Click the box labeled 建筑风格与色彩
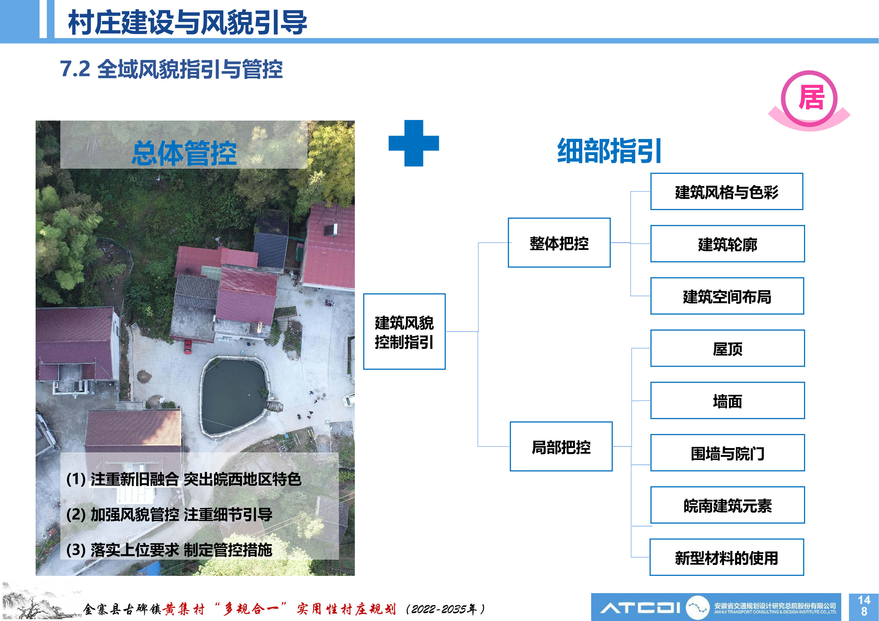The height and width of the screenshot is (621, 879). [727, 191]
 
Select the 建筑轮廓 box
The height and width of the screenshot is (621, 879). [727, 244]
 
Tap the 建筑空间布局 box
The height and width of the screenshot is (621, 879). [727, 296]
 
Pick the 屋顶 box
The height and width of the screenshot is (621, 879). [727, 348]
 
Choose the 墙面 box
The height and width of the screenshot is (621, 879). [727, 401]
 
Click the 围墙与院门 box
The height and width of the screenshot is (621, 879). [727, 453]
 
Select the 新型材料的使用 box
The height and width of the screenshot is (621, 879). [727, 557]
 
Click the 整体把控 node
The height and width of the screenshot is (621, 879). [559, 243]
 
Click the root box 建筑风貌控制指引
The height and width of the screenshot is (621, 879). [404, 331]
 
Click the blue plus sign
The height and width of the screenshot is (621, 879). [414, 143]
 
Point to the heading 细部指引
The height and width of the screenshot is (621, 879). [609, 151]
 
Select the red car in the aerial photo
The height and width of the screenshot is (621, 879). [188, 346]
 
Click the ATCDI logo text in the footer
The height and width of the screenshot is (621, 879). [640, 607]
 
